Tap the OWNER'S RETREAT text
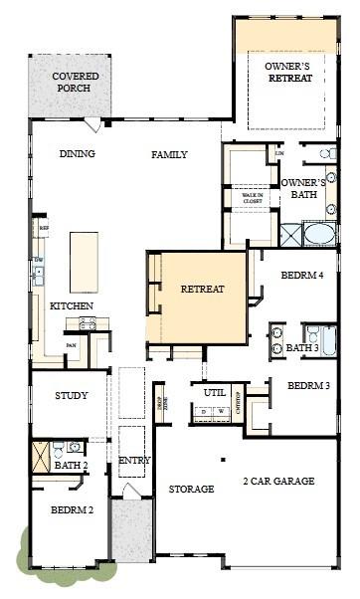tap(288, 72)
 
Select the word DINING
tap(77, 154)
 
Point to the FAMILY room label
tap(169, 154)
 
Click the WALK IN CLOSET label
tap(253, 198)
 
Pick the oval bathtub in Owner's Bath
tap(319, 235)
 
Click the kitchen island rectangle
tap(84, 262)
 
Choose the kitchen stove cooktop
tap(87, 323)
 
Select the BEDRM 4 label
tap(302, 275)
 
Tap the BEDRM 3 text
tap(308, 385)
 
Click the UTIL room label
tap(215, 392)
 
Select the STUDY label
tap(72, 396)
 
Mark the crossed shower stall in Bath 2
tap(40, 454)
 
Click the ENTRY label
tap(134, 461)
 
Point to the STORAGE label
tap(191, 490)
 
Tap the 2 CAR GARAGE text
tap(278, 482)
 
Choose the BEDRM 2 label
tap(72, 509)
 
